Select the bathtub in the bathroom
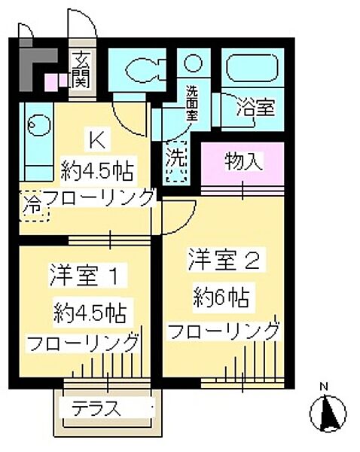pyautogui.click(x=254, y=72)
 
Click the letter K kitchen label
pyautogui.click(x=96, y=140)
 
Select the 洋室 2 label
pyautogui.click(x=224, y=262)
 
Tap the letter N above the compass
pyautogui.click(x=324, y=389)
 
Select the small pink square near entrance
pyautogui.click(x=52, y=81)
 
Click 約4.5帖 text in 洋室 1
pyautogui.click(x=89, y=310)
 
